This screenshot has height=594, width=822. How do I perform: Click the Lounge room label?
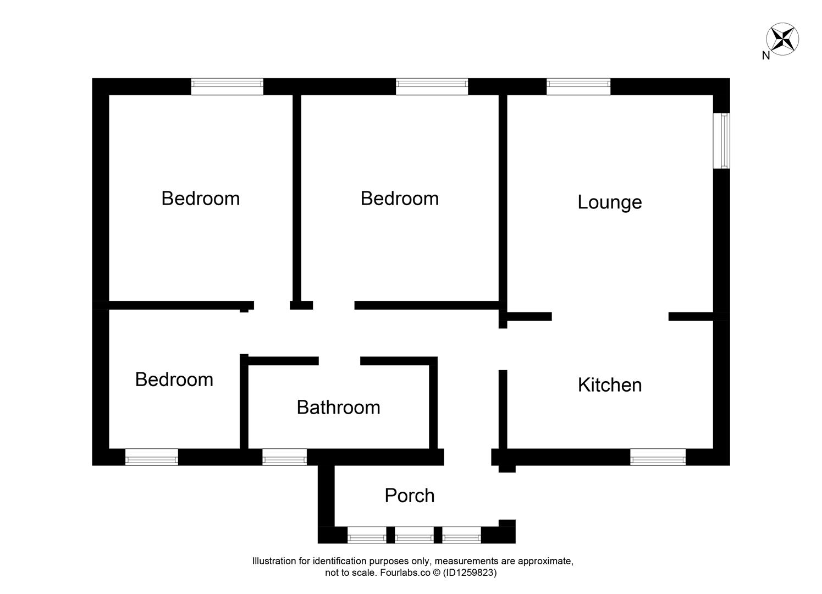609,202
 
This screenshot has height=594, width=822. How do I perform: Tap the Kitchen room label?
609,385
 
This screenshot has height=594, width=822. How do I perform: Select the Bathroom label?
338,408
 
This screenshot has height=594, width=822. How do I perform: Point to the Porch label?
410,496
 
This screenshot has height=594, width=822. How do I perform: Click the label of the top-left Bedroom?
200,199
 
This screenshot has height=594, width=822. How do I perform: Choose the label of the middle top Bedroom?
399,199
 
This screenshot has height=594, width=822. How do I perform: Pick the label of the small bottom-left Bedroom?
174,380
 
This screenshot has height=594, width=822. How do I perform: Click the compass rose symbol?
782,39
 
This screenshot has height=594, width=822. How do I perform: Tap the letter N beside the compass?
765,55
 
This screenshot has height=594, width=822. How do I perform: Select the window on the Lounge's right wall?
721,141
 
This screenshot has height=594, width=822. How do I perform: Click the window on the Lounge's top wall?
578,86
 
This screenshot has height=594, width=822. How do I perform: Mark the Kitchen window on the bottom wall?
658,457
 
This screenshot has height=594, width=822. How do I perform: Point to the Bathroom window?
284,457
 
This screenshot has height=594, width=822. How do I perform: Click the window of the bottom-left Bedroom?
152,457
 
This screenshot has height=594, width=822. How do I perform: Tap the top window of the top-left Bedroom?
227,86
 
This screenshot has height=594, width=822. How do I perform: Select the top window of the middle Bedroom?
432,86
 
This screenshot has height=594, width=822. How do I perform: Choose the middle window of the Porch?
414,535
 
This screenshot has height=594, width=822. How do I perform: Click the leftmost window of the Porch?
367,535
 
